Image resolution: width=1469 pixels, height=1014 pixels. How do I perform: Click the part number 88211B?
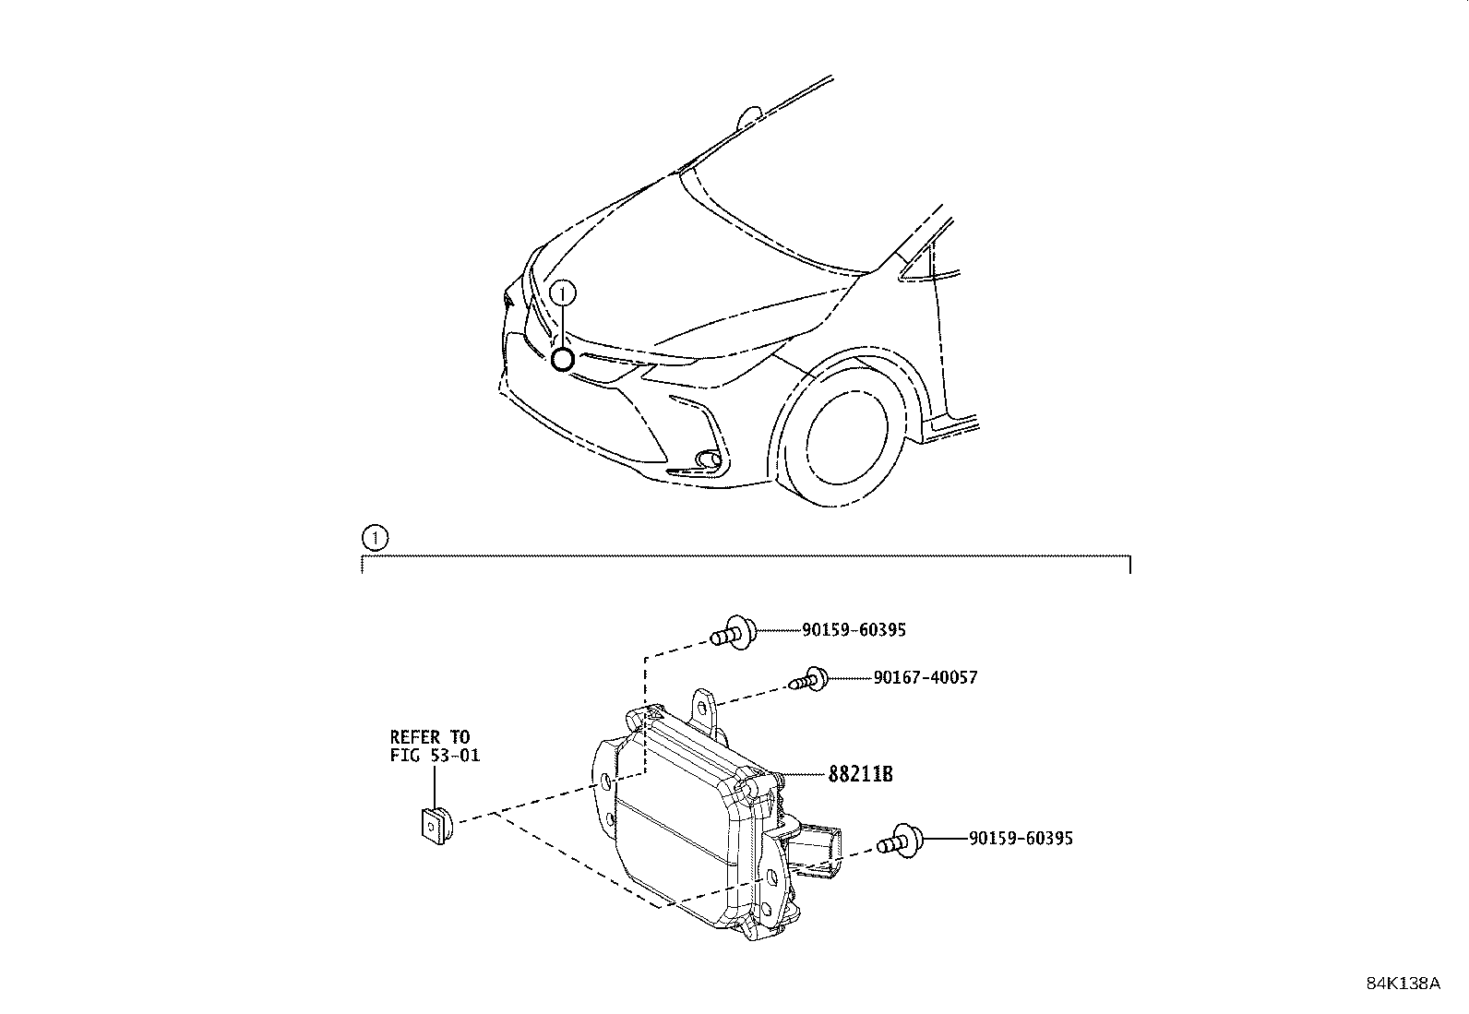click(x=860, y=774)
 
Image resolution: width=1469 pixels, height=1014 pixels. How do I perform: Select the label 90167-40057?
click(x=926, y=677)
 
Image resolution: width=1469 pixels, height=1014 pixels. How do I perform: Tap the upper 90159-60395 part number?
click(x=854, y=630)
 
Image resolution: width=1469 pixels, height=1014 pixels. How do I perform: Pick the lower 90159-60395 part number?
click(x=1021, y=838)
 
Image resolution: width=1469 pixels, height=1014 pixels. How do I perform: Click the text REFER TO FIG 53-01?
click(x=435, y=746)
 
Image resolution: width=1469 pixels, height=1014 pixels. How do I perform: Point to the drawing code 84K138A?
click(x=1403, y=984)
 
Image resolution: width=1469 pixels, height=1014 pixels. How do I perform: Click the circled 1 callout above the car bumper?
click(x=563, y=294)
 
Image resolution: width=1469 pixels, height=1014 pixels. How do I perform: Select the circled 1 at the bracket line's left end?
click(x=375, y=539)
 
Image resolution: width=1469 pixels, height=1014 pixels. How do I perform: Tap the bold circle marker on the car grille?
click(x=562, y=360)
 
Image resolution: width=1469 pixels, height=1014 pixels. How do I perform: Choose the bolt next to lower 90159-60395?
click(x=900, y=841)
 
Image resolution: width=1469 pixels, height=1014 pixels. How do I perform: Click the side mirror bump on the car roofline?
click(x=748, y=117)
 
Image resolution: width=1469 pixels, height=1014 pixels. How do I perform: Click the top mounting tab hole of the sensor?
click(x=702, y=708)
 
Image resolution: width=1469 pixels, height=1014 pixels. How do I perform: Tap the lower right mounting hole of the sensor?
click(x=770, y=876)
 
